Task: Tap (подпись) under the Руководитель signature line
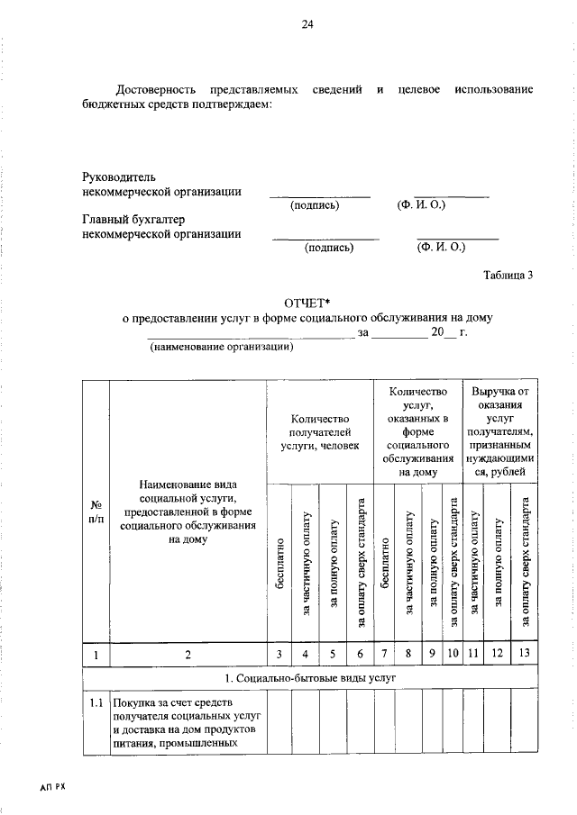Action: click(315, 205)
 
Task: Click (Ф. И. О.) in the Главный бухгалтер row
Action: click(440, 246)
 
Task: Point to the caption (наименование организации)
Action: click(222, 348)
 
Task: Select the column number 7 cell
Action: click(385, 655)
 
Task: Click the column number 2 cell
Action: click(188, 655)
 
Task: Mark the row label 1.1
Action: click(95, 702)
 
